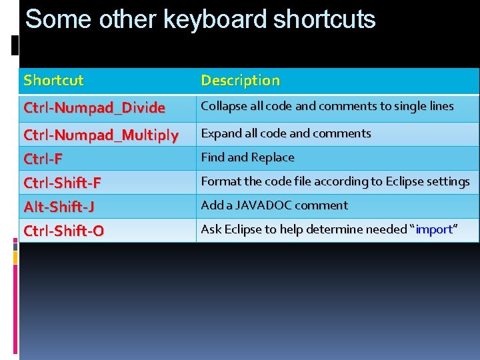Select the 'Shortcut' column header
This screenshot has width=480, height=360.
(53, 81)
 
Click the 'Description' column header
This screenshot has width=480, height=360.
(240, 81)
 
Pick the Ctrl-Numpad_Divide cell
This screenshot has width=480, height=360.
(94, 107)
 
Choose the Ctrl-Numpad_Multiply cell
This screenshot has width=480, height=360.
(101, 135)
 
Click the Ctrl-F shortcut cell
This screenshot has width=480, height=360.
(43, 159)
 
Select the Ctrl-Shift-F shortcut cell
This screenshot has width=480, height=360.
(62, 183)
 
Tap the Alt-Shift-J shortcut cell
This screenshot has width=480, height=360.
(59, 207)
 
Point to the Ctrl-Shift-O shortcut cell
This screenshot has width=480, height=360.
(63, 231)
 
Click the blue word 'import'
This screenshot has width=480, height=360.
(434, 229)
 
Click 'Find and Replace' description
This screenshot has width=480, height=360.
(247, 157)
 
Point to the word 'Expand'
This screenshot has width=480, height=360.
(219, 133)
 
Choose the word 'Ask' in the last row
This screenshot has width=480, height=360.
(211, 229)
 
